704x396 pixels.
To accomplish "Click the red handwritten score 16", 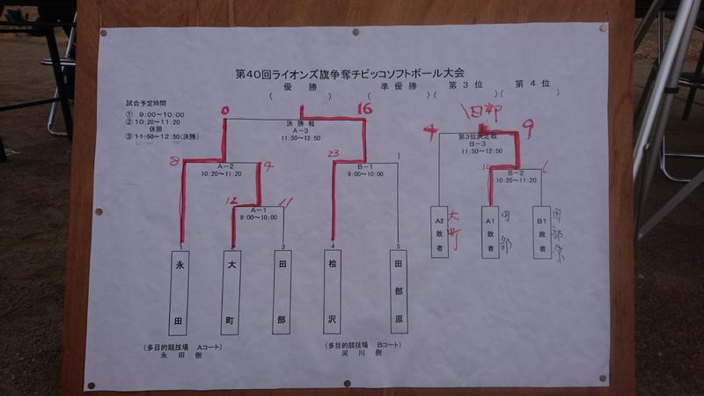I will [x=367, y=109].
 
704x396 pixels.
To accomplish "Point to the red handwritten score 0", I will [x=225, y=111].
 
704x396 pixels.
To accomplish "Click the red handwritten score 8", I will [x=175, y=161].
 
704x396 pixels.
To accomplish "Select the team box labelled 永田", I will [x=180, y=291].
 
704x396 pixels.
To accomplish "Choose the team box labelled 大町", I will [x=232, y=291].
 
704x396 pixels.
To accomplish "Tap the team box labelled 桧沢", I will [x=333, y=291].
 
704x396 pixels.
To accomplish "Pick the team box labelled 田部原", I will [x=399, y=291].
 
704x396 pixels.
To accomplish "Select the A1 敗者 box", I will [x=488, y=231].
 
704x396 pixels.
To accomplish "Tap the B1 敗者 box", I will [x=540, y=231].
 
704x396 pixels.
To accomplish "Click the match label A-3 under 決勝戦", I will [x=294, y=130].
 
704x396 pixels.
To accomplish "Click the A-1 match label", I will [x=258, y=209].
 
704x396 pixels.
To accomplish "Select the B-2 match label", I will [x=515, y=173].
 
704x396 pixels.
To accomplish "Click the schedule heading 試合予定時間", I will [x=145, y=104].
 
